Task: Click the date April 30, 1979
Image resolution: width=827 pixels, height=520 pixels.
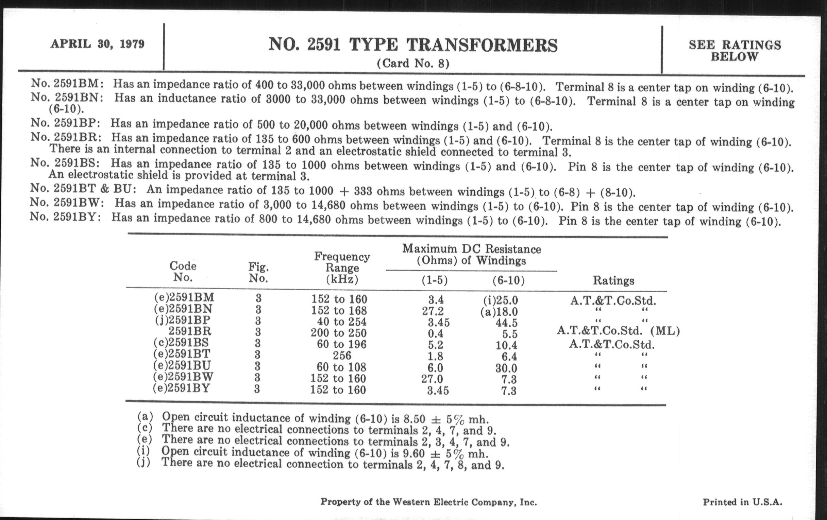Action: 98,44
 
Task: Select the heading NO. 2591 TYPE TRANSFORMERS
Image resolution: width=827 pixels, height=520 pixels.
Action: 413,45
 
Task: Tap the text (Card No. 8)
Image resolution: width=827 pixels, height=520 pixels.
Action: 413,64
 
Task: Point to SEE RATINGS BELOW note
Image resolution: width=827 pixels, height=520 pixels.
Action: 735,50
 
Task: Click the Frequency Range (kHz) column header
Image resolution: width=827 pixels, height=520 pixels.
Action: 342,268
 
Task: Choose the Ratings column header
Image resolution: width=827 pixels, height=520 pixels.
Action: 613,280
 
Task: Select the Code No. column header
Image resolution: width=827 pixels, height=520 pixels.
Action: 183,272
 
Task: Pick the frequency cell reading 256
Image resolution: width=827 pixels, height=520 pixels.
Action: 342,355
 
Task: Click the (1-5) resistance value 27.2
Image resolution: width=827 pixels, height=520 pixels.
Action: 433,311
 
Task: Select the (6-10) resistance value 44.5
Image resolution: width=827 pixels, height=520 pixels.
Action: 506,323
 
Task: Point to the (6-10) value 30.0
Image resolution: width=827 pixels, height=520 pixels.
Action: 506,368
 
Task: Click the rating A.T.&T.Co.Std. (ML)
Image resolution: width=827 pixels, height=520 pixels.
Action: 618,331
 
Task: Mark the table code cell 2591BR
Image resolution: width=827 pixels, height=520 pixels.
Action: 190,332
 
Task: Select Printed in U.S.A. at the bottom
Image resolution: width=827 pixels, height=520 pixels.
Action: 743,502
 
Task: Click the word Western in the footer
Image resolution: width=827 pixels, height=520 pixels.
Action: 411,502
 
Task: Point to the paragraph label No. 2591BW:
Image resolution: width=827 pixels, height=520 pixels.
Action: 67,203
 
